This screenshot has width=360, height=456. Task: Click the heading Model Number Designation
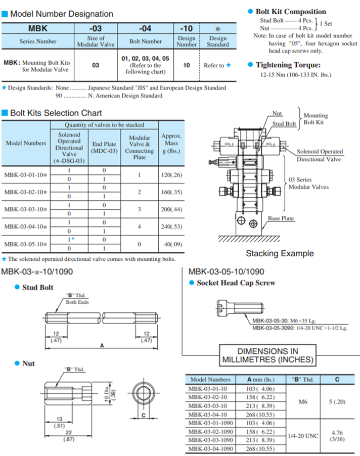[x=61, y=14]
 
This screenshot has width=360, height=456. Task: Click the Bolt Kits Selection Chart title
[x=56, y=113]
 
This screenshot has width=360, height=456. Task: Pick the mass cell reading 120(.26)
[x=171, y=175]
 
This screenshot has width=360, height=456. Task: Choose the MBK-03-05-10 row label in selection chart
[x=26, y=244]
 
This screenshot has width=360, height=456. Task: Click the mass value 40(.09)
[x=171, y=244]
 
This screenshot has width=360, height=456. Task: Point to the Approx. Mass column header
[x=171, y=143]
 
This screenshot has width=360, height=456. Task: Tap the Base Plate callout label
[x=281, y=218]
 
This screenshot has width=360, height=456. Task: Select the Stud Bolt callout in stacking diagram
[x=284, y=124]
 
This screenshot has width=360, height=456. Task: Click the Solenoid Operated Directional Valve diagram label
[x=319, y=155]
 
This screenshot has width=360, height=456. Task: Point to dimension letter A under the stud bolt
[x=102, y=346]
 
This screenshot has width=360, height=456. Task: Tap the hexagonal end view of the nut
[x=144, y=396]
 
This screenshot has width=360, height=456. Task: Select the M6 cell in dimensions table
[x=303, y=402]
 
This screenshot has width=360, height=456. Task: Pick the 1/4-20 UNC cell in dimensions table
[x=303, y=435]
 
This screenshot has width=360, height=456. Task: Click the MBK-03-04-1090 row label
[x=210, y=448]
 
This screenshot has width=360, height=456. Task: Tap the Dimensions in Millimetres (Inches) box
[x=267, y=356]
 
